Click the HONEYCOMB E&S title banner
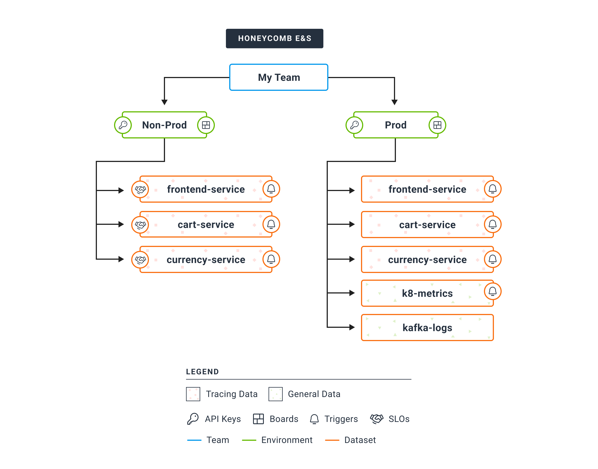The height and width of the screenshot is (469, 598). click(x=274, y=38)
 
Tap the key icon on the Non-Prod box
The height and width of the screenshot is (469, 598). click(x=123, y=125)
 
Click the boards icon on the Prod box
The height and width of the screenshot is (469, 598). click(x=437, y=125)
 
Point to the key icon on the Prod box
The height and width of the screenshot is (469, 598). click(x=354, y=125)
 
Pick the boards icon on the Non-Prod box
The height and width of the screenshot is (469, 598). click(x=206, y=125)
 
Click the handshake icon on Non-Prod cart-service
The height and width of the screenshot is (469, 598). click(x=140, y=225)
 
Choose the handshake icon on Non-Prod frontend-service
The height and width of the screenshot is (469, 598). click(x=140, y=189)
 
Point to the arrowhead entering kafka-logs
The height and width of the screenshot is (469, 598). click(x=352, y=327)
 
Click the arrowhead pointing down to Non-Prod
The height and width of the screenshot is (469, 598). click(x=164, y=102)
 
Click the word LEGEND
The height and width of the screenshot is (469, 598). click(x=202, y=372)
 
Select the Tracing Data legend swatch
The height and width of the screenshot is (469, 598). click(x=193, y=394)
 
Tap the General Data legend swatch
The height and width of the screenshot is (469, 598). click(x=275, y=394)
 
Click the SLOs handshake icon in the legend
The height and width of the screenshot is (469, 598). click(x=377, y=419)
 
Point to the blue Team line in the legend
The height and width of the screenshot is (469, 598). click(x=194, y=440)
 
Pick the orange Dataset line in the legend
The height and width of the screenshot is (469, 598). click(x=332, y=440)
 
